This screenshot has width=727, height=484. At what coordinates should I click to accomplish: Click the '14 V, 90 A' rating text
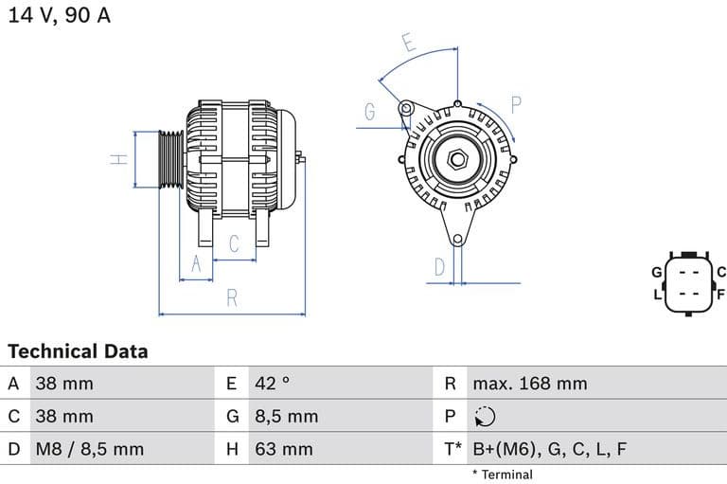tap(60, 16)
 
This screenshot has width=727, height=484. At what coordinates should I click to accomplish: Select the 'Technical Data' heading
tap(78, 351)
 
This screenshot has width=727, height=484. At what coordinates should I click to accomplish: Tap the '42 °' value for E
tap(273, 384)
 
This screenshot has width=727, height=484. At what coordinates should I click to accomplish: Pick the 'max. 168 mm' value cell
tap(530, 384)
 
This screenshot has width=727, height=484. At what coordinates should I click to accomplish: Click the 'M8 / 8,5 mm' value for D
tap(90, 449)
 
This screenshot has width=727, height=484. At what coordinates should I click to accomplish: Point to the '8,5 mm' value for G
tap(287, 416)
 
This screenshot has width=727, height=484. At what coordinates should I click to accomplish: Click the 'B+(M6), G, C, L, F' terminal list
tap(549, 449)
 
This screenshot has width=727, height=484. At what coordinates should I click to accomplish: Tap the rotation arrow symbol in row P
tap(485, 417)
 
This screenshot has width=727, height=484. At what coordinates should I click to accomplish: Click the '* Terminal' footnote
tap(502, 475)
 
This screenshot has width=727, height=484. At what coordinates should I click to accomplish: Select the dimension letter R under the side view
tap(232, 298)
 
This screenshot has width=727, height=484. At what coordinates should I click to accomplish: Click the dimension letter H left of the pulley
tap(119, 159)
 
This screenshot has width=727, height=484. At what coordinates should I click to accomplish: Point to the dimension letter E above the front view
tap(408, 43)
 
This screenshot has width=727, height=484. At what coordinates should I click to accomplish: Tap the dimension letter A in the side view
tap(197, 264)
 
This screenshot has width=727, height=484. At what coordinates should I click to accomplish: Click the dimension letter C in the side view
tap(235, 243)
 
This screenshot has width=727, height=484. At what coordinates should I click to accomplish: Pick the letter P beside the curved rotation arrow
tap(517, 104)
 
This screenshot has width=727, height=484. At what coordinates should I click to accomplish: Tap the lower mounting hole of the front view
tap(457, 240)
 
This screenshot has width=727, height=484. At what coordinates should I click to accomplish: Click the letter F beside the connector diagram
tap(720, 295)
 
